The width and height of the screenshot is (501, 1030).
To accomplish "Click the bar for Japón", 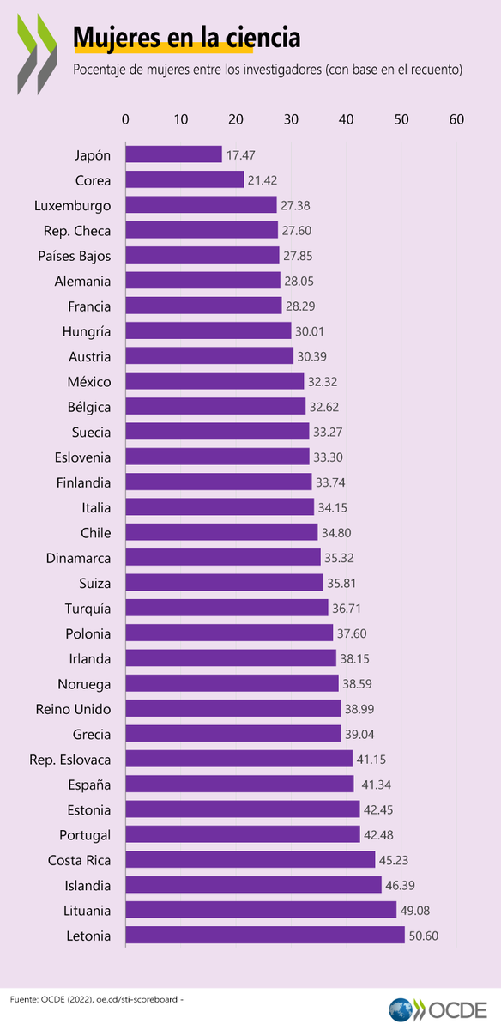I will click(173, 154).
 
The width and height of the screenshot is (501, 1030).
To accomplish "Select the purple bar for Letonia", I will click(265, 936).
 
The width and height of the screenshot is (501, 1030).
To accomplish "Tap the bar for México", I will click(214, 381).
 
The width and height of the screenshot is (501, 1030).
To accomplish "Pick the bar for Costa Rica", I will click(250, 860).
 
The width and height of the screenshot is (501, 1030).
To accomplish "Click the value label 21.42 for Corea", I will click(263, 180).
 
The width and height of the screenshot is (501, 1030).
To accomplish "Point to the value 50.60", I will click(424, 936).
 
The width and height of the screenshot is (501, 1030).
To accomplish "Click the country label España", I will click(90, 785).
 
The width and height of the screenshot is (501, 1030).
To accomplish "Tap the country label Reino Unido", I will click(73, 709).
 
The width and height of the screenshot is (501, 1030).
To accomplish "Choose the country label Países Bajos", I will click(75, 256).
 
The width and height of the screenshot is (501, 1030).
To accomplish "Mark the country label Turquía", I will click(88, 608).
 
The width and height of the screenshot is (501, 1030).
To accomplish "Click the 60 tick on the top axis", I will click(456, 120).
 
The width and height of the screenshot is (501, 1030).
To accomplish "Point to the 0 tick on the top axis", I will click(126, 120).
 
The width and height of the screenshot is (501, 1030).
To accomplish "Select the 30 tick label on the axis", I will click(292, 120).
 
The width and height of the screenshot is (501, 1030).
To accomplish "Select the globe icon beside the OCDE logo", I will click(401, 1009).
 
